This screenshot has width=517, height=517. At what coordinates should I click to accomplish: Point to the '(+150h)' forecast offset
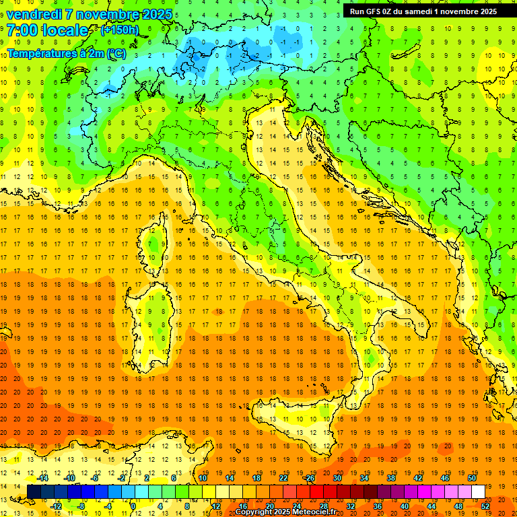coord(119,30)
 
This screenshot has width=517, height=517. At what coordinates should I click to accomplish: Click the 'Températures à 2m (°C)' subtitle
coord(66,53)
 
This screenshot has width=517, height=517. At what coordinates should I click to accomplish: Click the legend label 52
coord(485,506)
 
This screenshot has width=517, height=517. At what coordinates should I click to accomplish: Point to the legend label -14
coord(44,477)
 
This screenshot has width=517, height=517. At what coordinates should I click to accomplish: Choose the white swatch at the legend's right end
coord(478,491)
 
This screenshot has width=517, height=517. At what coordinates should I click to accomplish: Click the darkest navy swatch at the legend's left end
coord(34,491)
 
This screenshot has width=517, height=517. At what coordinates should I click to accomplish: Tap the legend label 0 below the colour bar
coord(133,506)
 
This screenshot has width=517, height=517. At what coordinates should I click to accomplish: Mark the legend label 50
coord(472,477)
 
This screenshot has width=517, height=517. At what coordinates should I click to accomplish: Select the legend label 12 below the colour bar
coord(217,506)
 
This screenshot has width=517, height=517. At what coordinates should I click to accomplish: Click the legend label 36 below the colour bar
coord(377,506)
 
